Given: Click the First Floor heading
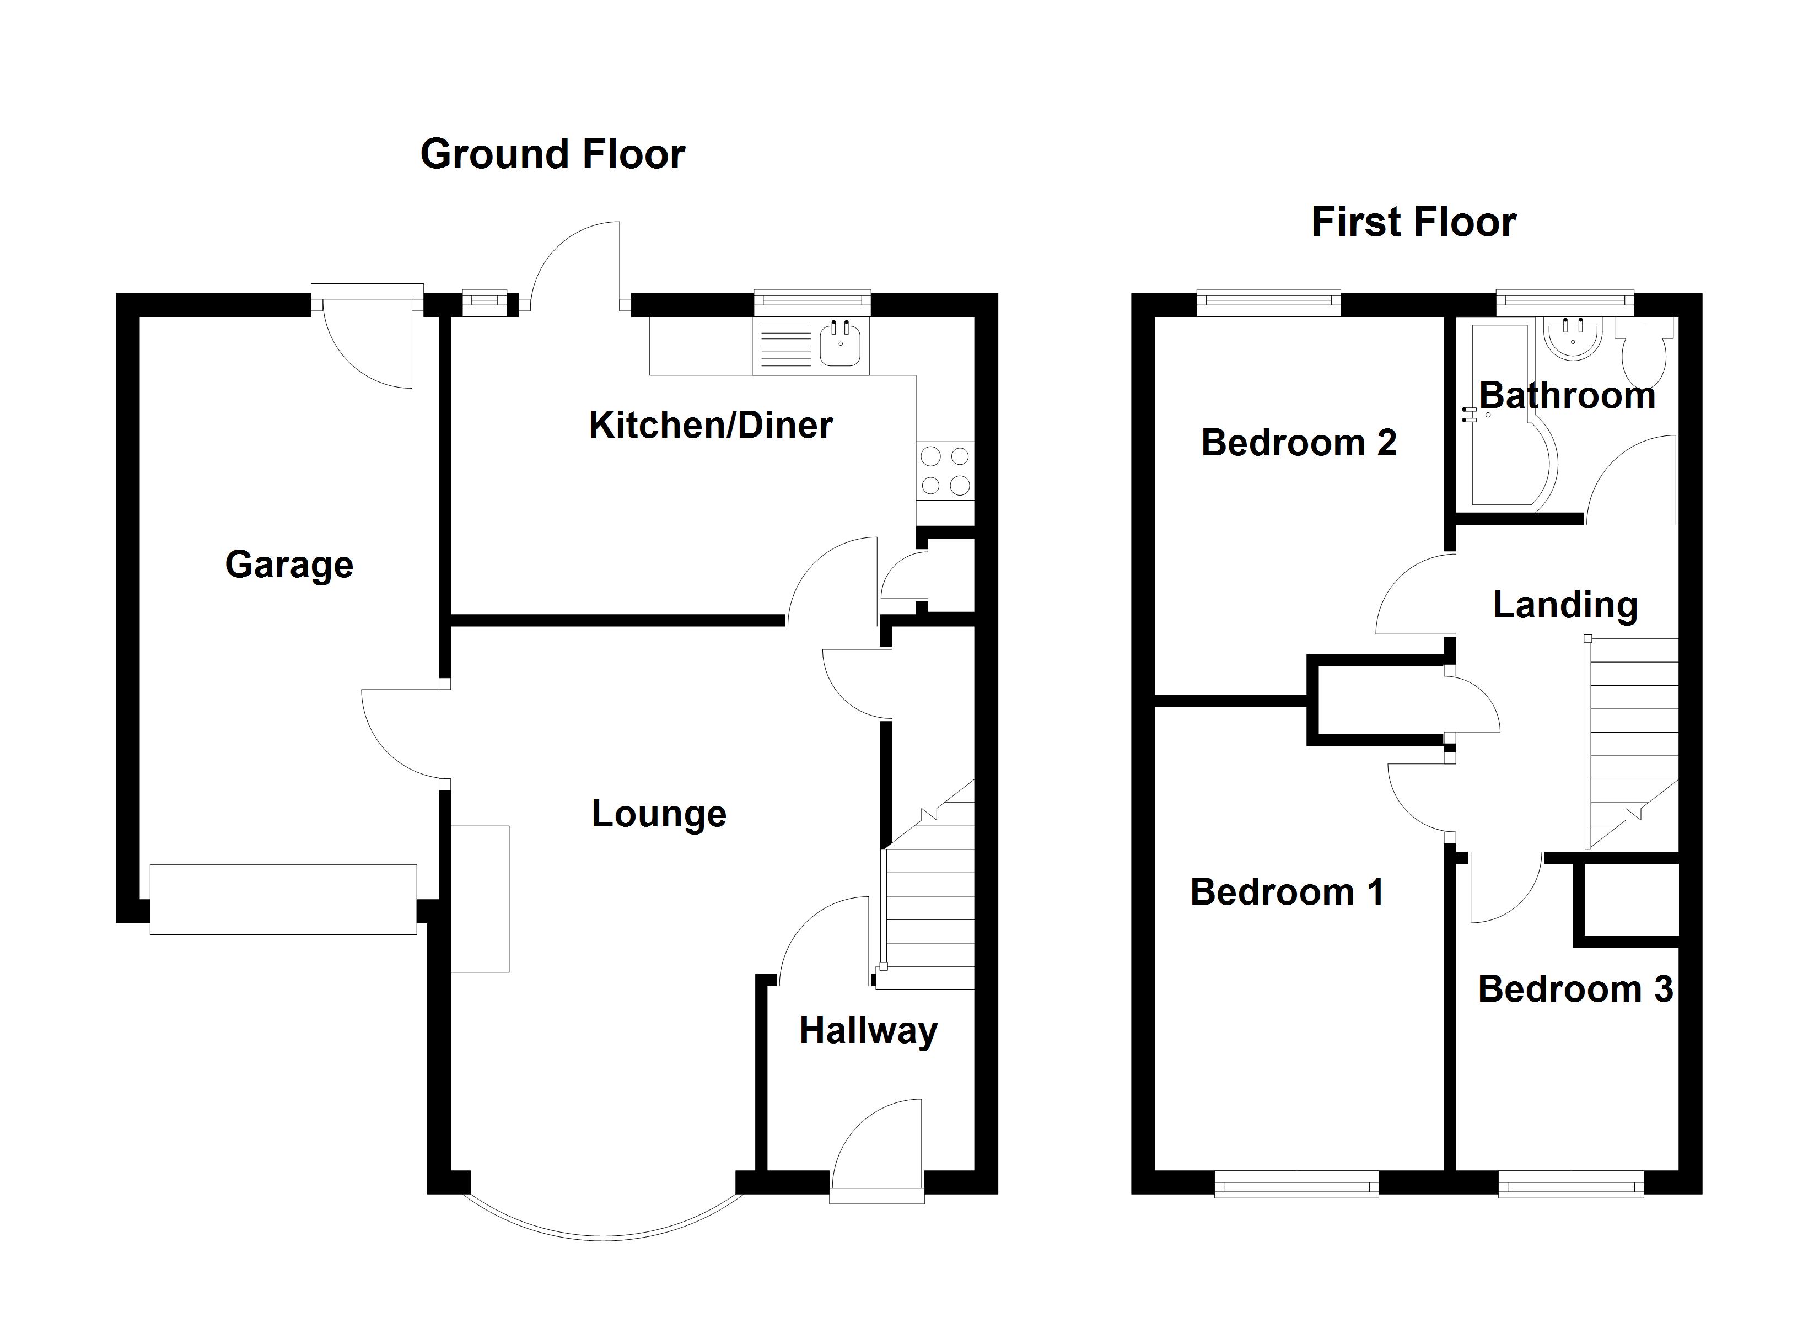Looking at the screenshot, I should [x=1413, y=222].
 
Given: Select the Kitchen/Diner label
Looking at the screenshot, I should [x=711, y=425].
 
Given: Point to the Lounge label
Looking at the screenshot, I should [x=659, y=814].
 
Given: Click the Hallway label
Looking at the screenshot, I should [x=868, y=1031].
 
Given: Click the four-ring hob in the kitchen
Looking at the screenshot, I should [x=945, y=471].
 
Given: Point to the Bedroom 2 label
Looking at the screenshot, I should [x=1298, y=443].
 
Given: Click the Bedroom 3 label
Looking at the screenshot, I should [x=1574, y=989].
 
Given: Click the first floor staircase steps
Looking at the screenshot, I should [x=1633, y=738].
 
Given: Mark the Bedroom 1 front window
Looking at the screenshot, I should [x=1295, y=1184].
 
